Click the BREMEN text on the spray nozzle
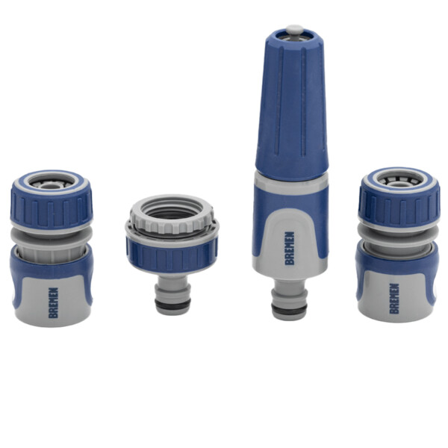(x=290, y=248)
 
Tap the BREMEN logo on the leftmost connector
(x=54, y=302)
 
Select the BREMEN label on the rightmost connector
(x=394, y=299)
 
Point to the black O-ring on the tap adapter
(x=172, y=303)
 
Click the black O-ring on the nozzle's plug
(x=289, y=309)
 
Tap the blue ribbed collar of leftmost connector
(x=52, y=208)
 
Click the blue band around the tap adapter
(x=172, y=255)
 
